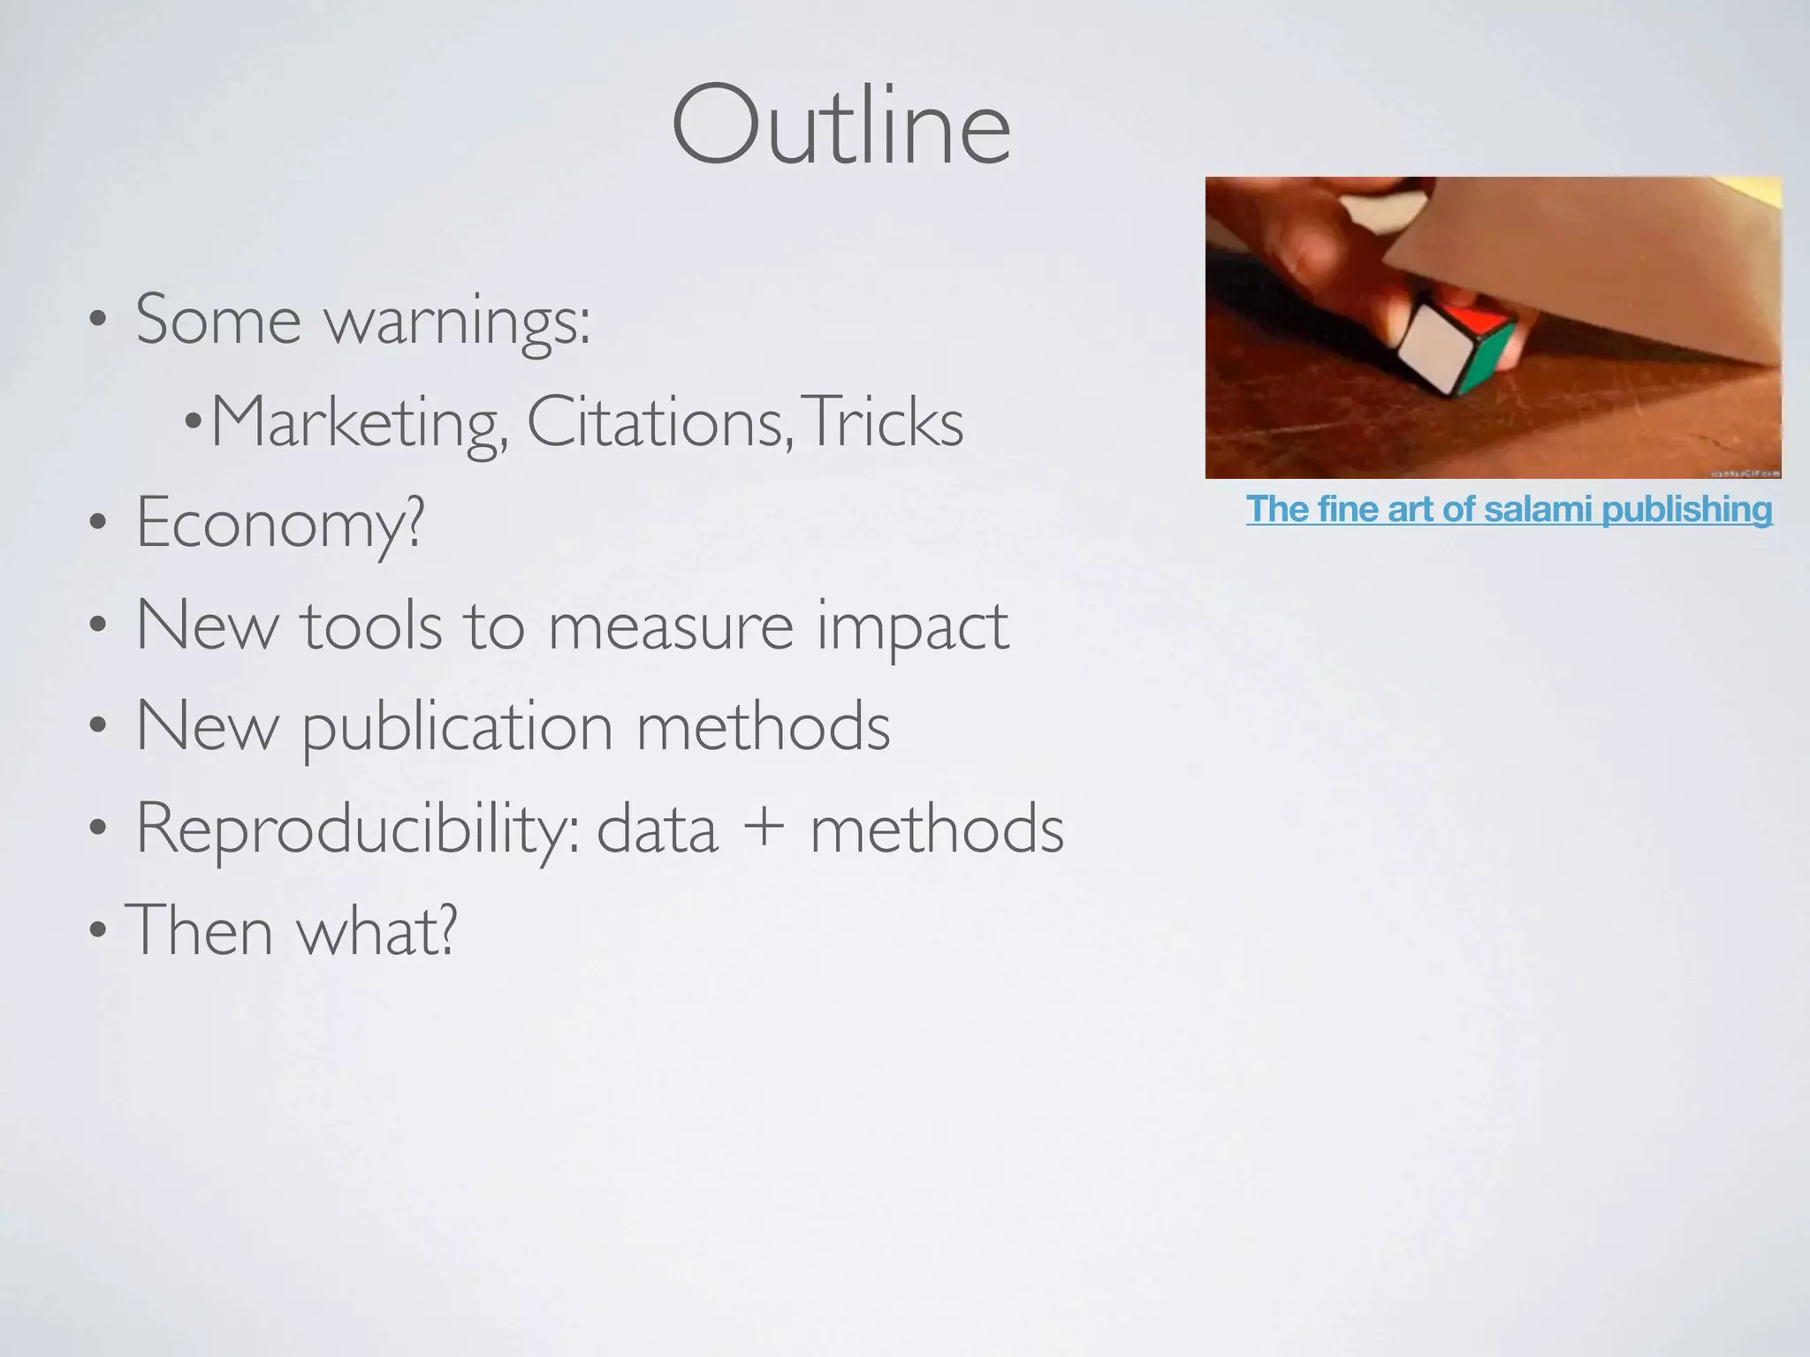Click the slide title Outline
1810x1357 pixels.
tap(840, 126)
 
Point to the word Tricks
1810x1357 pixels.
tap(884, 422)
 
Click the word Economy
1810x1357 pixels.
tap(279, 523)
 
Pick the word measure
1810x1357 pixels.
tap(671, 626)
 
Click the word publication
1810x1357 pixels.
tap(458, 727)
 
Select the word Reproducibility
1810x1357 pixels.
tap(357, 829)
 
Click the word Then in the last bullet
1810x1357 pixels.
tap(200, 930)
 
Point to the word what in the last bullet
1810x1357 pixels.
tap(376, 930)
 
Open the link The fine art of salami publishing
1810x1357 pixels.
tap(1509, 510)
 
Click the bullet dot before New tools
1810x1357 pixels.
tap(98, 626)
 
